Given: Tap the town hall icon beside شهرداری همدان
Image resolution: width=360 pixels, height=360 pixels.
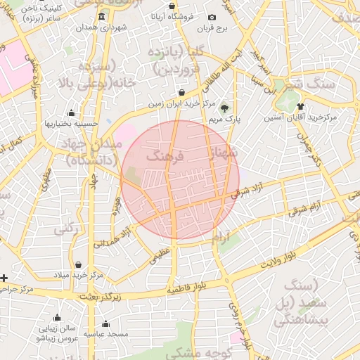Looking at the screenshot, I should click(x=102, y=16).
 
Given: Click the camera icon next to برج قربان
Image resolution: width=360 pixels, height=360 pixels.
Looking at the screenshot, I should click(x=212, y=17).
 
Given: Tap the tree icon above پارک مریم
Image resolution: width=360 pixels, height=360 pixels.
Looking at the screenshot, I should click(x=224, y=108).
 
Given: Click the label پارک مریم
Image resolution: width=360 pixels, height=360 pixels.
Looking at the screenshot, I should click(x=224, y=120).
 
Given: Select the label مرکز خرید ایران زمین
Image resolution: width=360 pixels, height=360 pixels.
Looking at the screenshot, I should click(x=181, y=103).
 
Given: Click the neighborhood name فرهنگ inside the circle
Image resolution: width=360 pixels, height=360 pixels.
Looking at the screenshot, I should click(x=164, y=157).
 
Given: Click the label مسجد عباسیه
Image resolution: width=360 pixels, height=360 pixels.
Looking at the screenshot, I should click(x=106, y=334).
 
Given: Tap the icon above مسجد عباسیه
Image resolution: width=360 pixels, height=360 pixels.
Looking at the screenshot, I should click(x=106, y=324).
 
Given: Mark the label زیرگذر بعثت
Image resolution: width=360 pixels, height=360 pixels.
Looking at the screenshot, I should click(x=101, y=297).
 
